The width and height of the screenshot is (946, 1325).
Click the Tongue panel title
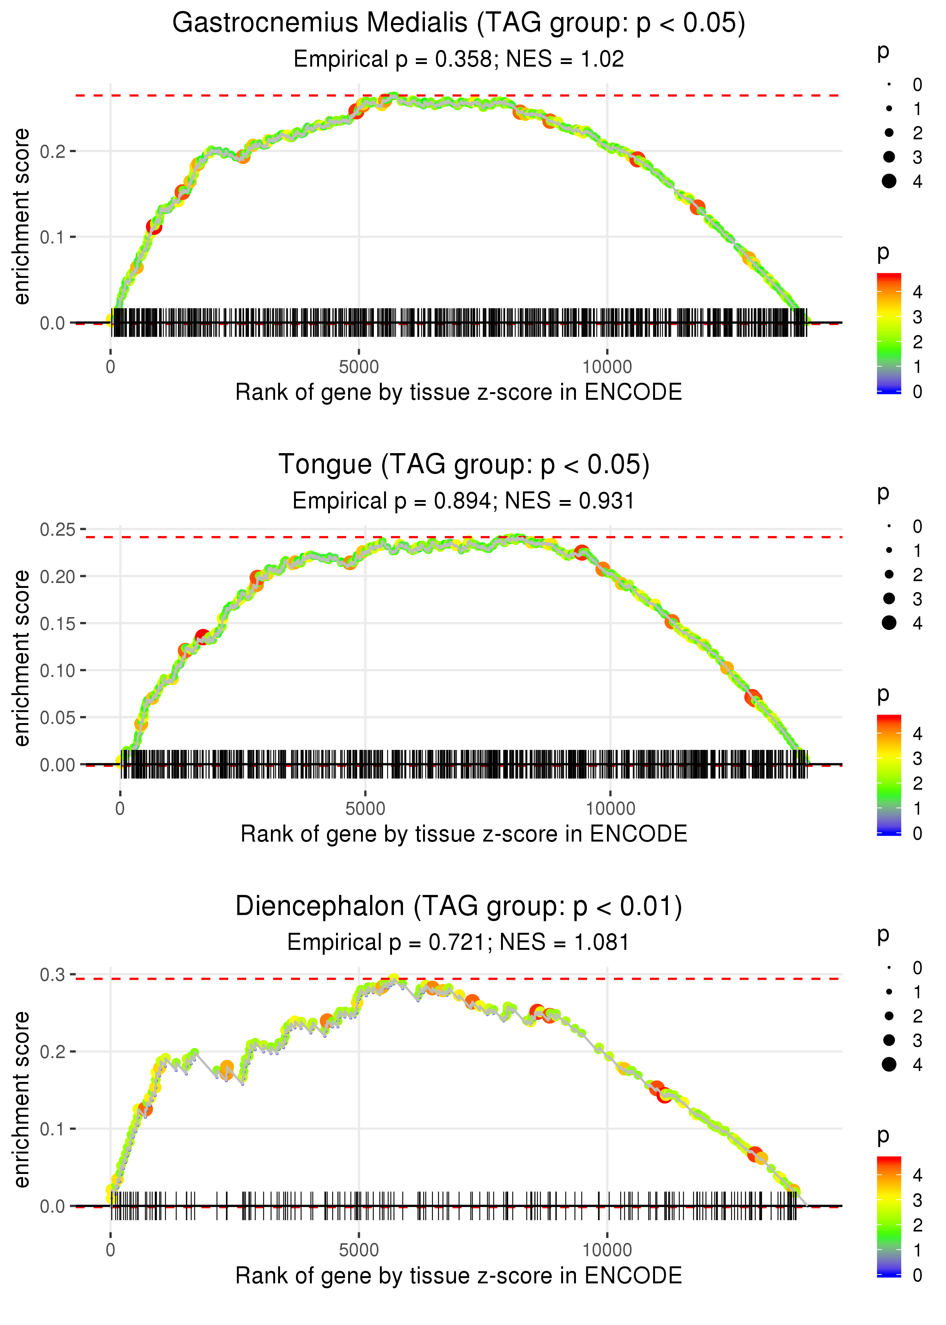(x=464, y=465)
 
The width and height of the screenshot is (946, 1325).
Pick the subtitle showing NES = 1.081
(x=459, y=943)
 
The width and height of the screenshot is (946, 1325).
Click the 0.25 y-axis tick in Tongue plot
(x=58, y=530)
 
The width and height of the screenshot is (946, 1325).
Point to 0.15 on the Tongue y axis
(x=58, y=624)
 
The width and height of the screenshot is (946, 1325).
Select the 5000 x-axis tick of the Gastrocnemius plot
(x=359, y=367)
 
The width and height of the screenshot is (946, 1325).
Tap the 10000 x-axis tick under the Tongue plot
(x=610, y=809)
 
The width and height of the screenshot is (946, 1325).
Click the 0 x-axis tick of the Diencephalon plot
(x=110, y=1250)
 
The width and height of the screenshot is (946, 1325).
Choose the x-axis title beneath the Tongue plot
(x=464, y=834)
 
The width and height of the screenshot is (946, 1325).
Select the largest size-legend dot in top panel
(x=889, y=181)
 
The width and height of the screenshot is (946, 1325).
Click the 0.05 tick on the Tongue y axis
(x=58, y=718)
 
